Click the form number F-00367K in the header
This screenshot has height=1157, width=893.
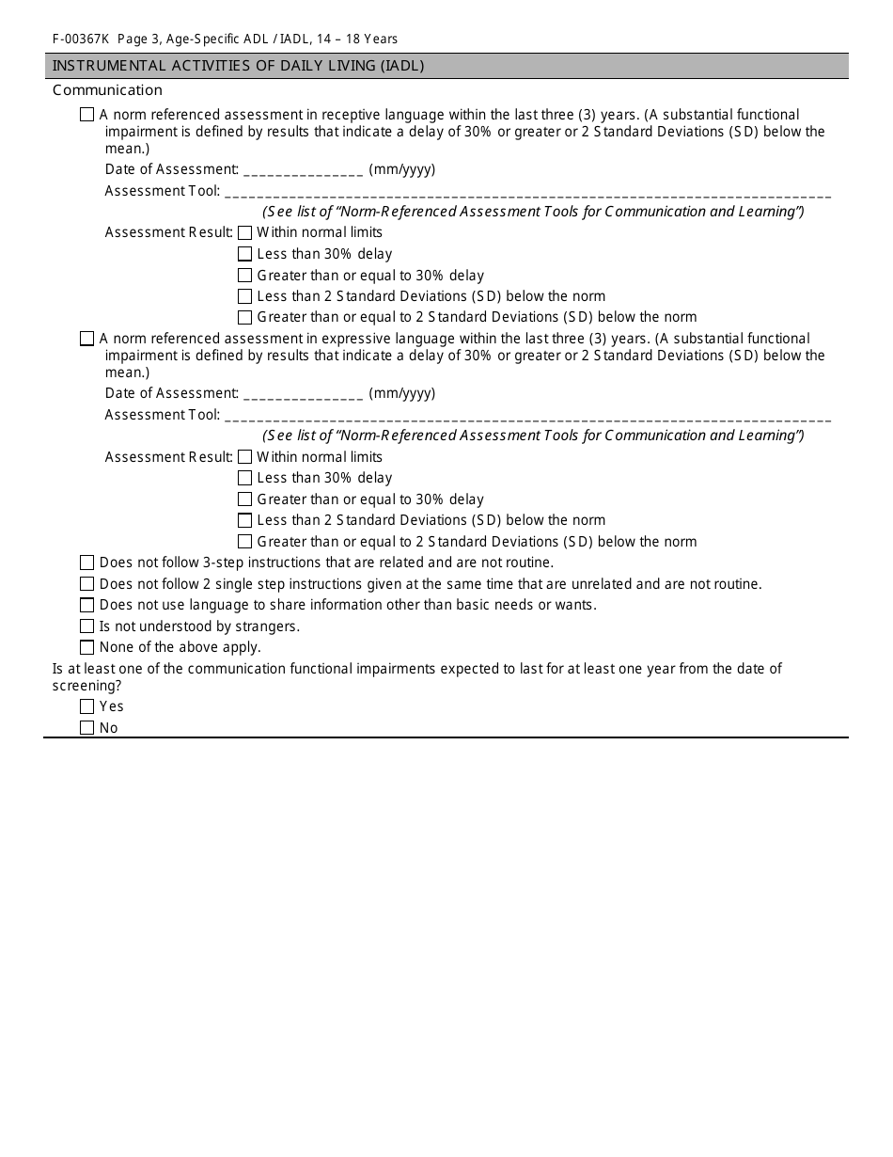point(81,40)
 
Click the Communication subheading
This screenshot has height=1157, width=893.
point(107,90)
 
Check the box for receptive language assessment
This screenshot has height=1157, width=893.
point(87,115)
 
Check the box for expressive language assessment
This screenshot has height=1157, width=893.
point(87,339)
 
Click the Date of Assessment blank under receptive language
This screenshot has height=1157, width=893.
point(303,171)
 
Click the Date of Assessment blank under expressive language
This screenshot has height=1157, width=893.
point(303,395)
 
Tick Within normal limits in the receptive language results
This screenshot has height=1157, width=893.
point(245,232)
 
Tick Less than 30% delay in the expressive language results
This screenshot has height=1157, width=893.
point(245,478)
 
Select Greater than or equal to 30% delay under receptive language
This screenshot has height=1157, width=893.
point(245,276)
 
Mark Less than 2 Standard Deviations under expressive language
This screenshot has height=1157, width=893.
point(245,520)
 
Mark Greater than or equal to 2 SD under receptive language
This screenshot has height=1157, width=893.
point(245,318)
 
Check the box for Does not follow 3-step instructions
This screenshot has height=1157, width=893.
point(87,563)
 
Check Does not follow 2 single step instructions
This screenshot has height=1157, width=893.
point(87,584)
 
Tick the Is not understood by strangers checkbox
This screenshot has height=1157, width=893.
point(87,626)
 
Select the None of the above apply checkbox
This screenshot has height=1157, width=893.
point(87,647)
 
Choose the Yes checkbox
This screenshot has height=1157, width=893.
point(87,706)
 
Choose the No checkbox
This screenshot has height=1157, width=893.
point(87,728)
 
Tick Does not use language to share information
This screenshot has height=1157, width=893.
point(87,605)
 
